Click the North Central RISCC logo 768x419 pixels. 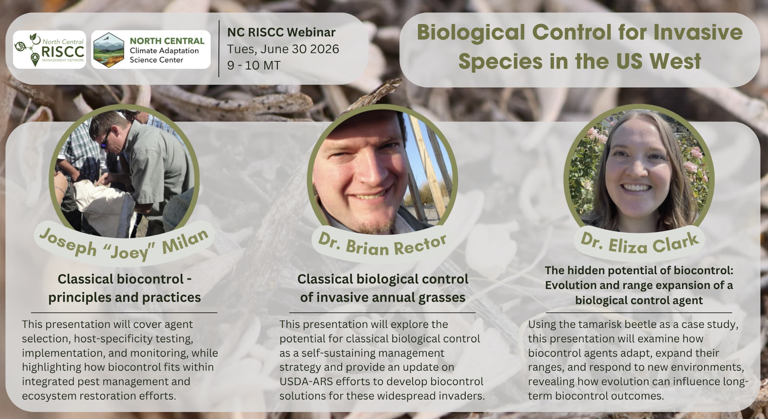[x=49, y=50]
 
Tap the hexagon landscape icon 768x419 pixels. [x=108, y=50]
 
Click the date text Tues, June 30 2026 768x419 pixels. [x=283, y=49]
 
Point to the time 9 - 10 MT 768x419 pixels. [x=254, y=65]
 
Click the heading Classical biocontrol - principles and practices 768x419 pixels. [x=125, y=288]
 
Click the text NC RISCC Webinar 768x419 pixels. [x=281, y=33]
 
